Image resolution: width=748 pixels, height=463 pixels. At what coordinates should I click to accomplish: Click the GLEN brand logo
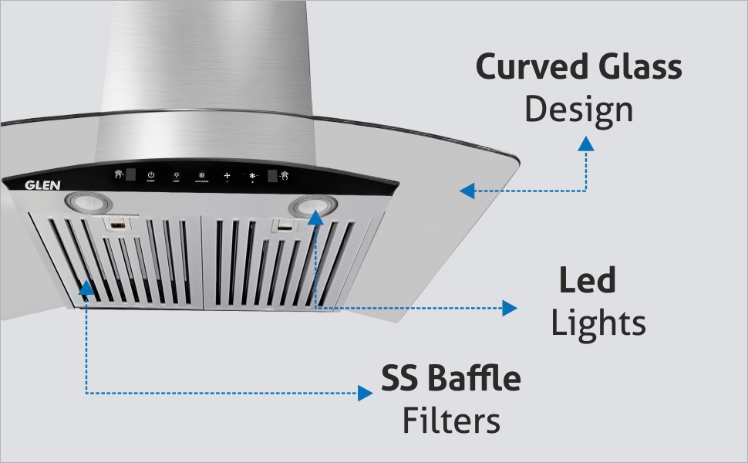[38, 185]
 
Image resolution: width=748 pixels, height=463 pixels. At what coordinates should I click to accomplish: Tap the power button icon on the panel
[151, 174]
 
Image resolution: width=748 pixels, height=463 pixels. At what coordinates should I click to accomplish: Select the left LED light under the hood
[89, 203]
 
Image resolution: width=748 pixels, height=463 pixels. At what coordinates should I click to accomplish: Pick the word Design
[578, 110]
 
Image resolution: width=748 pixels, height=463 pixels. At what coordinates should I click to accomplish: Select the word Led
[588, 281]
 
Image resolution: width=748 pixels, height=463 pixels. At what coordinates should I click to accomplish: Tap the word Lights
[598, 323]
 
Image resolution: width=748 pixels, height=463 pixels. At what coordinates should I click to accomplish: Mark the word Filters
[451, 421]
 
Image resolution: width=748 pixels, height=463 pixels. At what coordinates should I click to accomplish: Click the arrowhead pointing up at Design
[587, 143]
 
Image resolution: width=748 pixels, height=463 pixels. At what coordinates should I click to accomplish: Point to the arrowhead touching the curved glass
[465, 191]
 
